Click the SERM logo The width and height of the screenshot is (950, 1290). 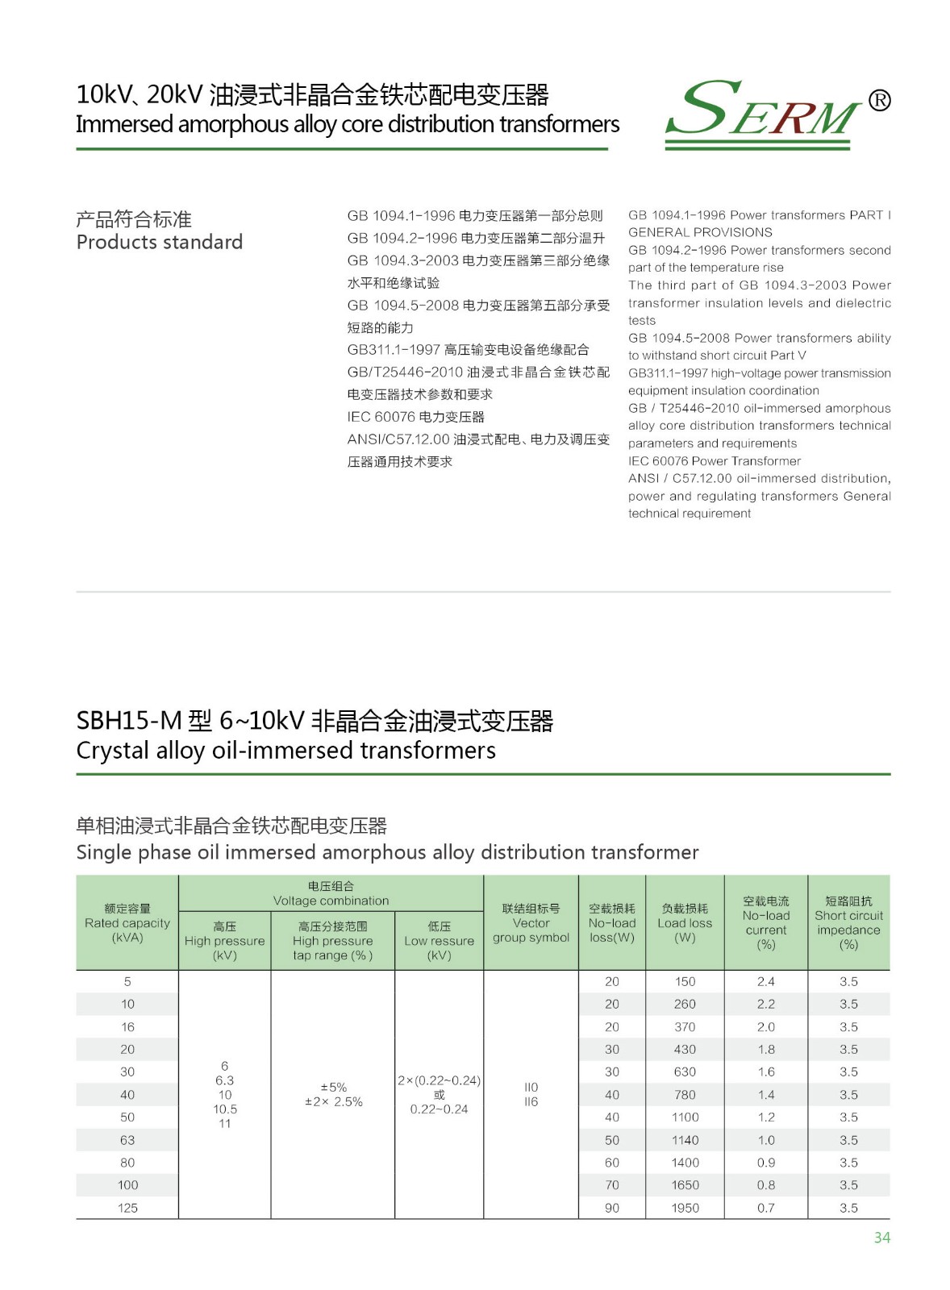point(762,112)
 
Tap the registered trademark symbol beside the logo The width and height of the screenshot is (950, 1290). point(879,101)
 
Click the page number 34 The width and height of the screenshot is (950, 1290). point(881,1238)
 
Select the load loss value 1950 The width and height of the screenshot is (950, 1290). point(685,1208)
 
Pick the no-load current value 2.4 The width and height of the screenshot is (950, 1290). point(765,982)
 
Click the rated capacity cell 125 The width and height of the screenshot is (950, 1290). point(127,1208)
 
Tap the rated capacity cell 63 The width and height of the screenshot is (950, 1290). point(127,1140)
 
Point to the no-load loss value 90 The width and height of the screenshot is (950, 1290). point(612,1208)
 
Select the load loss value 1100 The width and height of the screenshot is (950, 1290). point(685,1117)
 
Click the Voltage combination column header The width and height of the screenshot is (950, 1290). point(331,893)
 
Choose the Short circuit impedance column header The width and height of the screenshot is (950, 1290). point(848,922)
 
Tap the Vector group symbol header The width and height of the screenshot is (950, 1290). point(531,923)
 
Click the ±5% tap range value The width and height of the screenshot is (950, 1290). point(334,1088)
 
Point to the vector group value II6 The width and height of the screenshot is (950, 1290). point(531,1102)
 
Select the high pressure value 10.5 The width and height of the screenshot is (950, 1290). point(225,1109)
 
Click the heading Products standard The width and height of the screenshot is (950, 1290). point(160,242)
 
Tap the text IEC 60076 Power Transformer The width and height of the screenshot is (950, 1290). point(715,461)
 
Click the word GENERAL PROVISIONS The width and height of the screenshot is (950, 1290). point(700,232)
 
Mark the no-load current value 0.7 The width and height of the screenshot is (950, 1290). point(765,1208)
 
